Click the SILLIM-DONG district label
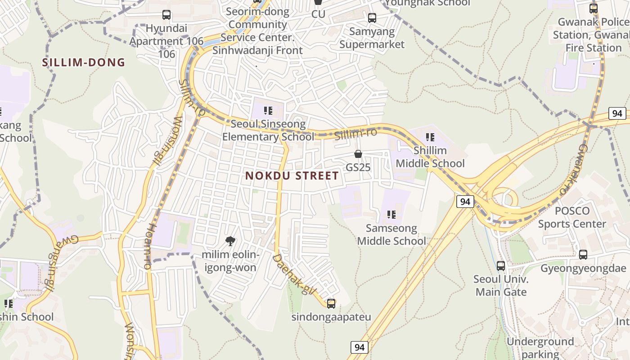(x=84, y=63)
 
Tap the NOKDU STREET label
(x=292, y=175)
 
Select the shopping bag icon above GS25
(x=358, y=154)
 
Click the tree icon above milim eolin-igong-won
(x=230, y=241)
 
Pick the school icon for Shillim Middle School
(x=430, y=137)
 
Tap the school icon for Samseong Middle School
(x=391, y=215)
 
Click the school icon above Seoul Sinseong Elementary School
(x=268, y=111)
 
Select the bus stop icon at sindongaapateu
(x=331, y=304)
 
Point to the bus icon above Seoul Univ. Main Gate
(x=501, y=266)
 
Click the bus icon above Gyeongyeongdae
(x=583, y=255)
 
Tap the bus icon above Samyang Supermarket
(x=372, y=18)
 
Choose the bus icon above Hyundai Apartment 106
(x=166, y=15)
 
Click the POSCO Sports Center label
(x=572, y=217)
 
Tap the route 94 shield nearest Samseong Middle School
(x=465, y=202)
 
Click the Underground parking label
(x=540, y=348)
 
